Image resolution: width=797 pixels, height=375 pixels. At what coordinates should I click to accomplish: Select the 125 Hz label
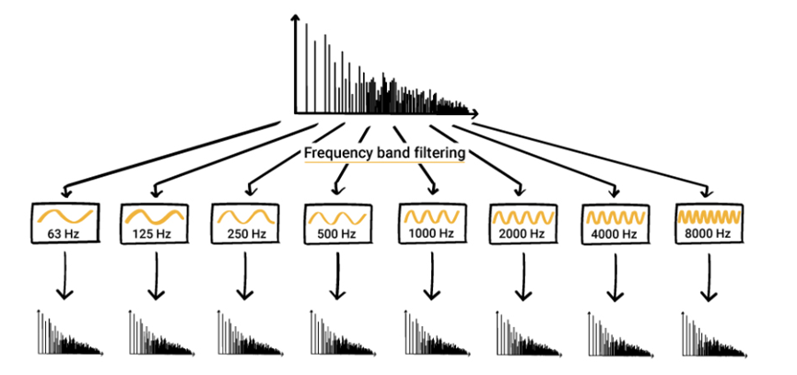click(154, 236)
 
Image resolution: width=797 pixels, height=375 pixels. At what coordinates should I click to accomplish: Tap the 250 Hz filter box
click(244, 223)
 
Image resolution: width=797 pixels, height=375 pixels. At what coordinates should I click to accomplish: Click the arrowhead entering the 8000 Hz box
click(706, 193)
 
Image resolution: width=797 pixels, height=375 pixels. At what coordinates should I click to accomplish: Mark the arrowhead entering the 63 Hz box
click(65, 193)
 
